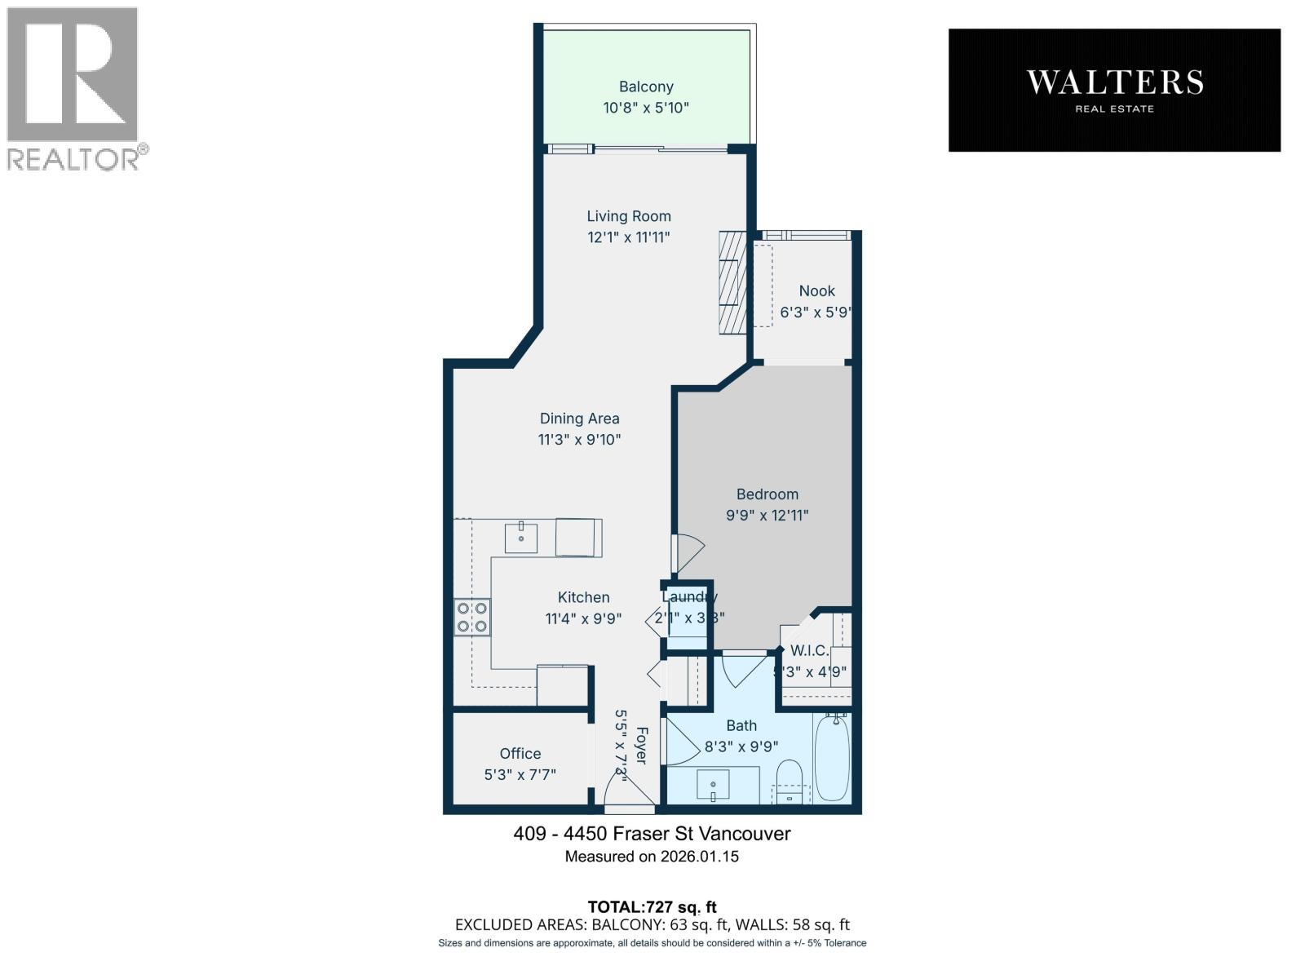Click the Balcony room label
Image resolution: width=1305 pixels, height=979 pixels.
(646, 86)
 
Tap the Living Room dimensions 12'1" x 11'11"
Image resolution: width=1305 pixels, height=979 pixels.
(629, 237)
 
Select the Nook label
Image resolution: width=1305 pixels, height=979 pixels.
(816, 291)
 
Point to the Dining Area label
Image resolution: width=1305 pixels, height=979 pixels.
(579, 419)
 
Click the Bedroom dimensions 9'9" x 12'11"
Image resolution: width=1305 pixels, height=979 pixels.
(767, 516)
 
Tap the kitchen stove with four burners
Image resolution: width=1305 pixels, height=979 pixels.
(472, 617)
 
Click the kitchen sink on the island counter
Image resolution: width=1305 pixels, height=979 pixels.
(520, 538)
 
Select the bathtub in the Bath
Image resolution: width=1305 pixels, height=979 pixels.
(832, 759)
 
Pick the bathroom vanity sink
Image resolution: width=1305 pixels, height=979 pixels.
(713, 786)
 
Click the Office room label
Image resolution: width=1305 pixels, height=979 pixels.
(520, 754)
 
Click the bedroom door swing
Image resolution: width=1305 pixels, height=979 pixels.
(687, 553)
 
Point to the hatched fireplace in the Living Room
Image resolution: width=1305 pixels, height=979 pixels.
(732, 282)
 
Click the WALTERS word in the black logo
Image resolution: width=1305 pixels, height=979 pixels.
(1114, 82)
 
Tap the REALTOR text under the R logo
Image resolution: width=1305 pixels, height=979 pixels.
(73, 159)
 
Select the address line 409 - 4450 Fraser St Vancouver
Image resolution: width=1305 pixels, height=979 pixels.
(652, 834)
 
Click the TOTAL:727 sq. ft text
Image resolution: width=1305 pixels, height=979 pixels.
(652, 906)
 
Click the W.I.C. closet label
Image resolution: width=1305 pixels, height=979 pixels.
(809, 651)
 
